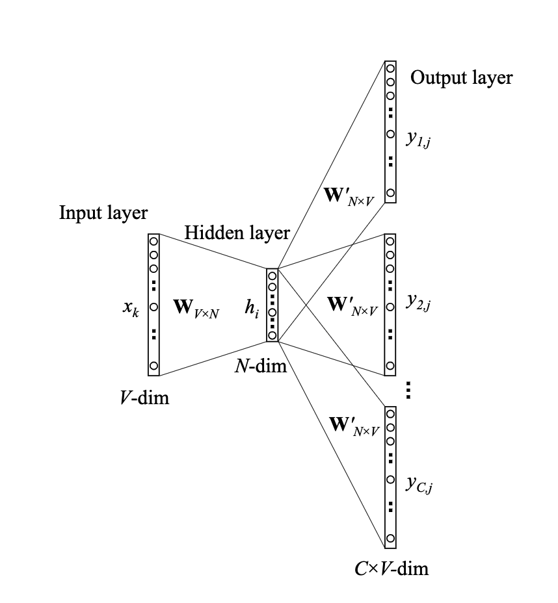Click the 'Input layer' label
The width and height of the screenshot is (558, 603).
coord(103,213)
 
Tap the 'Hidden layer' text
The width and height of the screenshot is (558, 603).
coord(237,233)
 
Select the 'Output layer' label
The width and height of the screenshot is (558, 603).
coord(461,78)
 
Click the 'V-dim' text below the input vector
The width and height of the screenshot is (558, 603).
coord(144,397)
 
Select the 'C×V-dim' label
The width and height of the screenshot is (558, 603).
coord(388,569)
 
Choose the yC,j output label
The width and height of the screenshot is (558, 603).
coord(420,484)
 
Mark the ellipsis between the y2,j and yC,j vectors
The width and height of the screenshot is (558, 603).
coord(408,391)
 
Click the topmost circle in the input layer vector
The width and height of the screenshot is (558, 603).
coord(154,240)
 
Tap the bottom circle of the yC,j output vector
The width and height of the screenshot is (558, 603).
coord(390,539)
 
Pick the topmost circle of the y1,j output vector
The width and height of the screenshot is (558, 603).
coord(390,68)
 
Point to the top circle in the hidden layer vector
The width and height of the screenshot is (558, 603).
coord(272,275)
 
